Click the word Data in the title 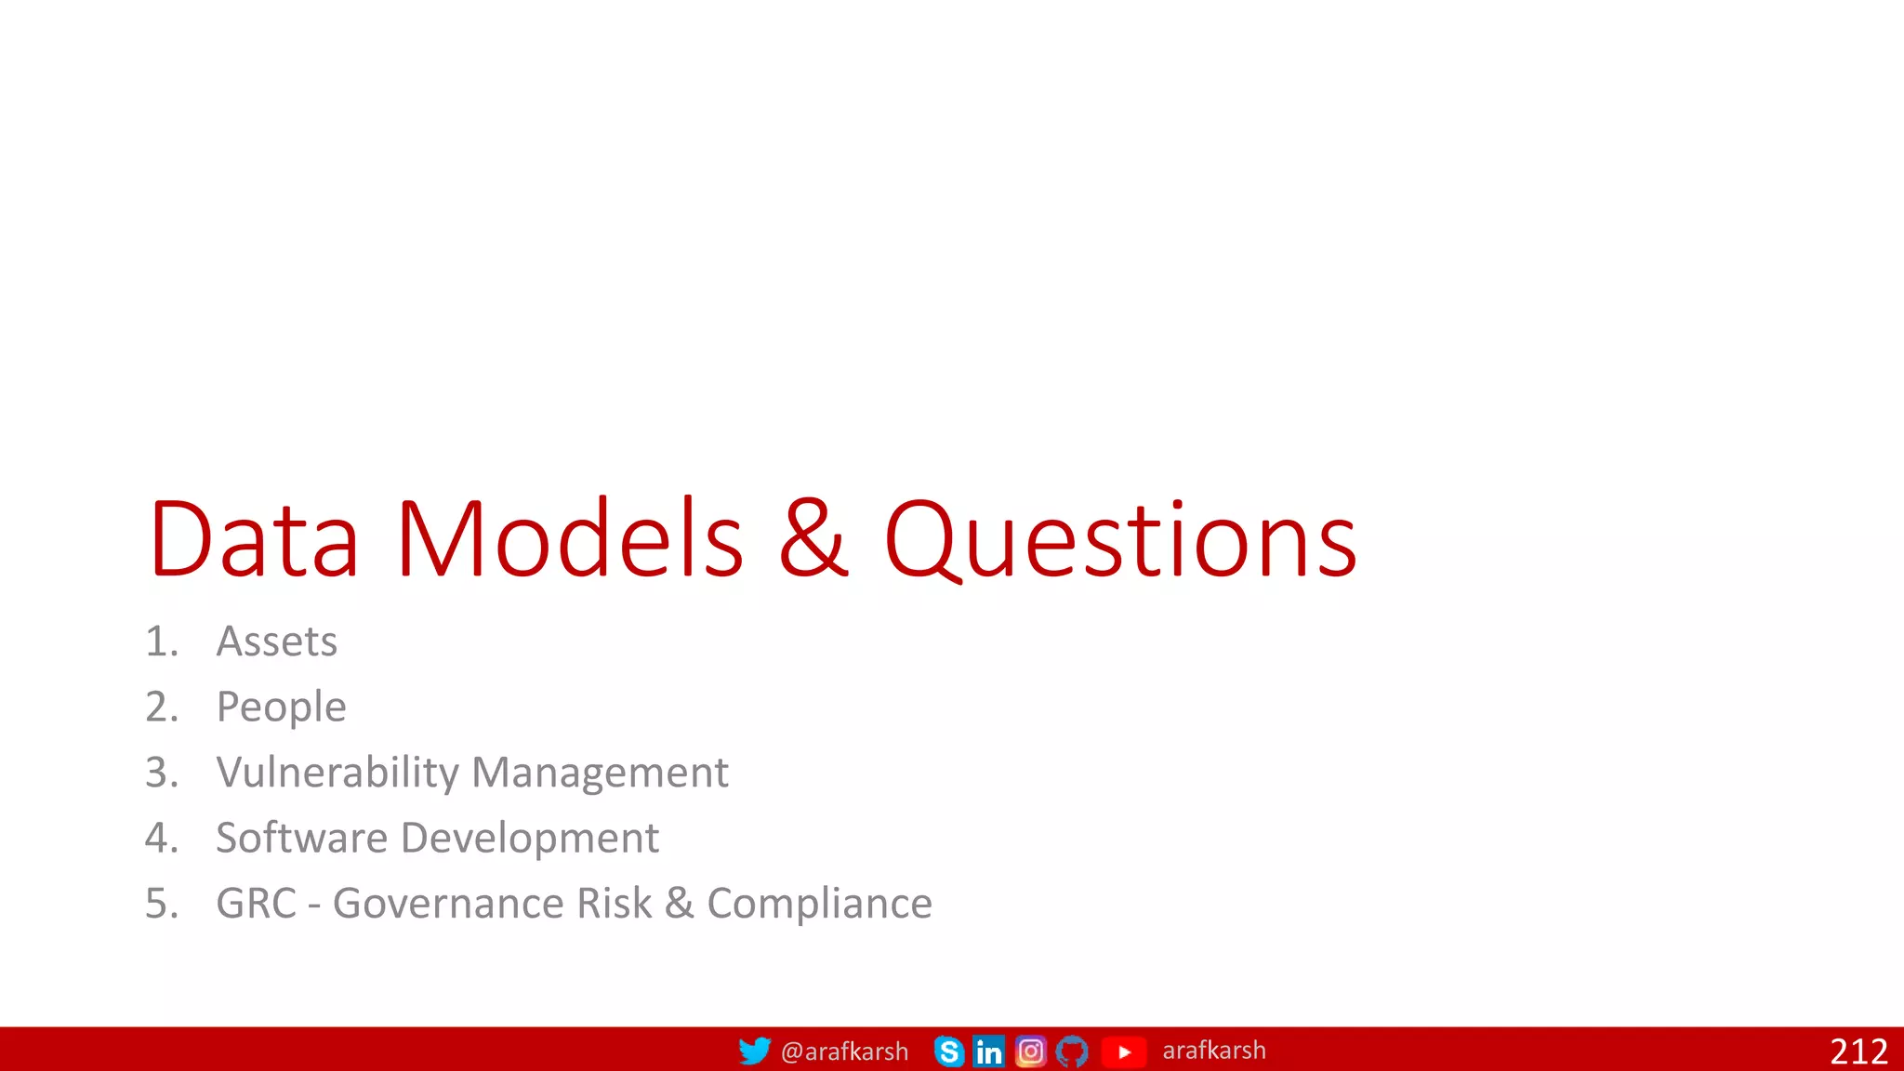[253, 539]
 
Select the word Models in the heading [569, 539]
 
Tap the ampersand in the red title [813, 539]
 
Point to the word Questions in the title [1120, 541]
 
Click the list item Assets [276, 641]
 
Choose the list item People [281, 707]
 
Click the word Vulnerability [337, 773]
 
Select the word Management [600, 773]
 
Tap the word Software [301, 838]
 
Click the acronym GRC [256, 904]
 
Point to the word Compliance [819, 904]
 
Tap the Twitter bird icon [754, 1051]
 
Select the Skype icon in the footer [948, 1051]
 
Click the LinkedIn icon [988, 1051]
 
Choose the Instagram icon [1030, 1051]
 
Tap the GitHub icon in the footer [1071, 1051]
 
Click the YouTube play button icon [1123, 1051]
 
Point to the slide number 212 [1858, 1051]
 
